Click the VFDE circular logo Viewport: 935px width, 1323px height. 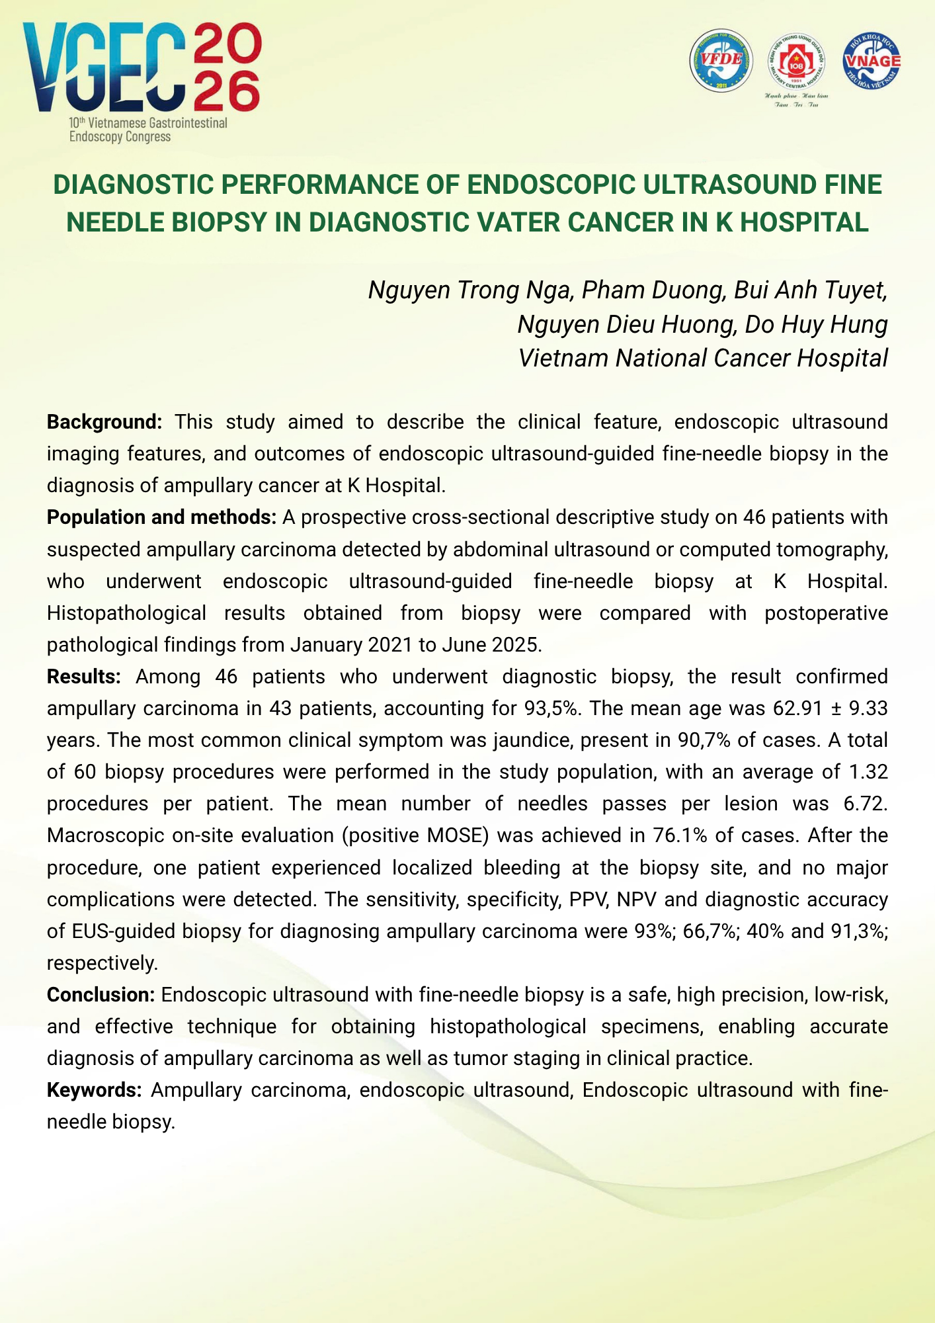click(721, 60)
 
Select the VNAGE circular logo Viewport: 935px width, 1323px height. click(872, 60)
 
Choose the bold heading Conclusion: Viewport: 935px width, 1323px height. click(101, 995)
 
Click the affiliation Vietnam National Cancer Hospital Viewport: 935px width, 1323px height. click(702, 358)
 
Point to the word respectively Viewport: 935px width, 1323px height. click(102, 963)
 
